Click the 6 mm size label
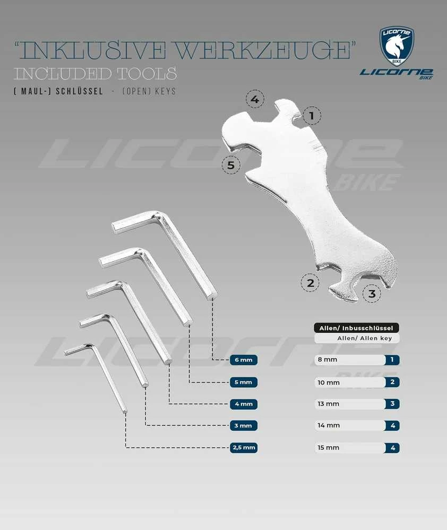[244, 360]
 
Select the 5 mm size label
[244, 383]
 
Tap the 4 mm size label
[244, 404]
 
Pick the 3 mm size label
[244, 425]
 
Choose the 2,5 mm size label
[244, 448]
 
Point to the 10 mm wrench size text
[329, 383]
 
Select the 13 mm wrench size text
[328, 404]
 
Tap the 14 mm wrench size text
[329, 425]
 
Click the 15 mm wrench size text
[328, 448]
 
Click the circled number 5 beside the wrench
[231, 165]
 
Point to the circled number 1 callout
[312, 116]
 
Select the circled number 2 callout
[310, 282]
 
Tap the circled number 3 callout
[372, 293]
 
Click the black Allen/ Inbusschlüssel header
[356, 328]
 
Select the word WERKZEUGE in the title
[263, 50]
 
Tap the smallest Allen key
[96, 375]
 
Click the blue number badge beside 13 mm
[392, 404]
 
